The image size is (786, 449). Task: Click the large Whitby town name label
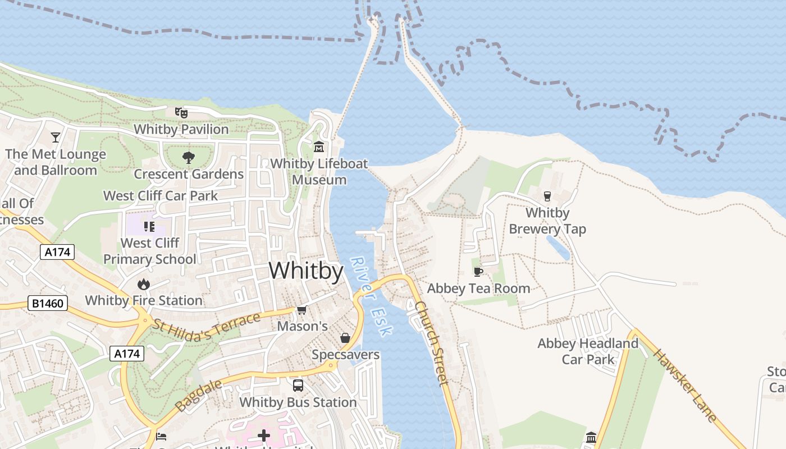click(306, 271)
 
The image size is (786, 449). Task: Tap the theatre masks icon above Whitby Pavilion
click(181, 112)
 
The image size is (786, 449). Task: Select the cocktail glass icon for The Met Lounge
click(56, 137)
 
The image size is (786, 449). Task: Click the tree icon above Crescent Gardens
click(189, 158)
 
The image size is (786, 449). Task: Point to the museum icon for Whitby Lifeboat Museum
click(319, 147)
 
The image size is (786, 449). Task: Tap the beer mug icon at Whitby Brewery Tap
click(547, 196)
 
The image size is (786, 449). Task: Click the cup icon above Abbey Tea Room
click(478, 272)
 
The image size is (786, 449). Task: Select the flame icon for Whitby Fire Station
click(144, 284)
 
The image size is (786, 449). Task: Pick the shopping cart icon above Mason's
click(302, 310)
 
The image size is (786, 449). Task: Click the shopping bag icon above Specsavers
click(345, 338)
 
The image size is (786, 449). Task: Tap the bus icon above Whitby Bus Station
click(298, 386)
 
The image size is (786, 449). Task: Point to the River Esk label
click(370, 296)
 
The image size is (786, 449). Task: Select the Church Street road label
click(432, 343)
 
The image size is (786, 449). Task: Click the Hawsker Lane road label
click(685, 386)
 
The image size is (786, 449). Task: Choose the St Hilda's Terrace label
click(207, 329)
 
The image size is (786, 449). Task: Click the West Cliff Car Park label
click(161, 196)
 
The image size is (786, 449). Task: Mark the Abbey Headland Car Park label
click(588, 351)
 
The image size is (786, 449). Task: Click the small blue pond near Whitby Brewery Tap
click(558, 248)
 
